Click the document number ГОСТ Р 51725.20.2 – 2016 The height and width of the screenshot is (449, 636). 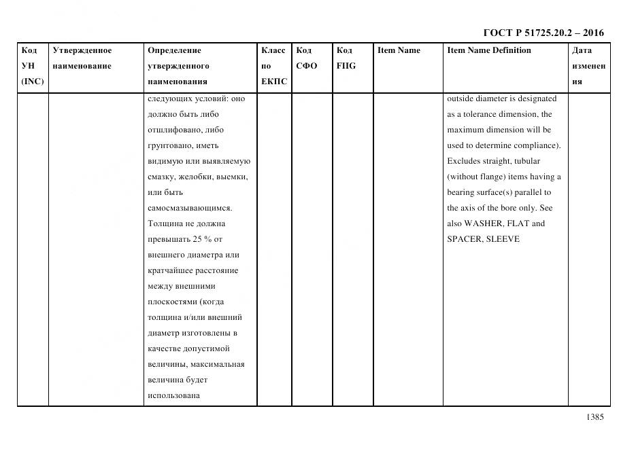point(543,33)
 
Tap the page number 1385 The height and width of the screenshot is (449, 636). point(593,417)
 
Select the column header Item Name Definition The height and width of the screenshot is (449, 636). point(488,50)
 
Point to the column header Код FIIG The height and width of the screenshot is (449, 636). point(346,58)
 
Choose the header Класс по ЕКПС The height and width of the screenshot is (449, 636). point(274,66)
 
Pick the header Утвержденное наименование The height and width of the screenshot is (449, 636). point(82,58)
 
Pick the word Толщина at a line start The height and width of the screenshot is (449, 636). point(167,223)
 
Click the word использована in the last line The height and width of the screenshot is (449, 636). point(173,395)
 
